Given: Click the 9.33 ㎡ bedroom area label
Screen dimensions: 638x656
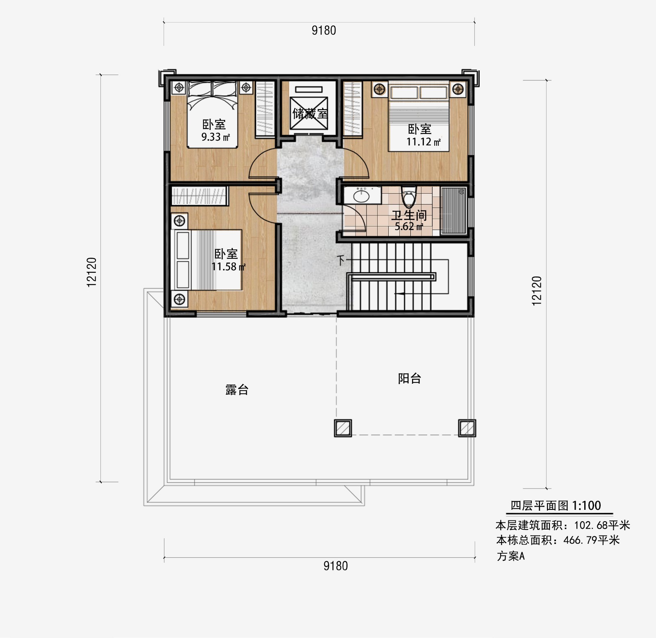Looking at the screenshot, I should [215, 137].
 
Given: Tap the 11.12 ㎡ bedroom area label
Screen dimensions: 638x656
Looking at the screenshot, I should [423, 142].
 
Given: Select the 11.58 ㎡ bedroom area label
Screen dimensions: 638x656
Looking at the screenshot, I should [228, 267].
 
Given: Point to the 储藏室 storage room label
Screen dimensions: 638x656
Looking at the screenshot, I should [310, 113].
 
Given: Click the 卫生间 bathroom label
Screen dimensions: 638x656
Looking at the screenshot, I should [409, 215].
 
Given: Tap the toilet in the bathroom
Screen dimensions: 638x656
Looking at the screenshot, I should [408, 197].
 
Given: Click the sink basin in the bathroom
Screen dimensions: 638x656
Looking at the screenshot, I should [361, 196].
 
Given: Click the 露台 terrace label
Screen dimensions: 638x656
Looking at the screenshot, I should [237, 389].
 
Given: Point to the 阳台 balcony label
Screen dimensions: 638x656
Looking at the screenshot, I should [410, 378].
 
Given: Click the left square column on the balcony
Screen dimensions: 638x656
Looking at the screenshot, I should [343, 428].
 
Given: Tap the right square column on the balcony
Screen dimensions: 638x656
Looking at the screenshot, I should [467, 428].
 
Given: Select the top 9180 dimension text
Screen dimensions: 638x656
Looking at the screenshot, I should [323, 30].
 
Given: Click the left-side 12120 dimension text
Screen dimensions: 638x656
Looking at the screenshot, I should [91, 272].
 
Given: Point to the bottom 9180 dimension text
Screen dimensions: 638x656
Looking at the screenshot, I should [335, 566].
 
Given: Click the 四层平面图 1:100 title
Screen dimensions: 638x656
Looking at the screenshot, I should [556, 505].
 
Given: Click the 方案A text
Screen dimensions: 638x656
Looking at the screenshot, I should [510, 556].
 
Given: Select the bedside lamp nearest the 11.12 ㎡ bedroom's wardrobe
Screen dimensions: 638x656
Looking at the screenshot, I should [379, 88].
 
